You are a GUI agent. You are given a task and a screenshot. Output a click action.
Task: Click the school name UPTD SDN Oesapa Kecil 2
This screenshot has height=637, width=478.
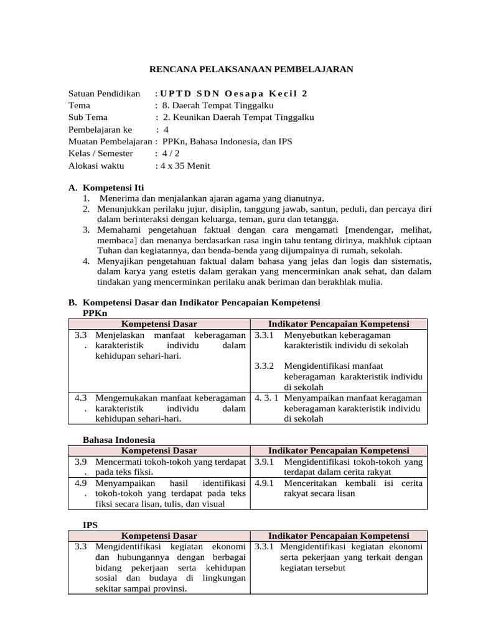coord(234,94)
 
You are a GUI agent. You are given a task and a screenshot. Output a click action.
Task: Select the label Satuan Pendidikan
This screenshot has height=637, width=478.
coord(104,94)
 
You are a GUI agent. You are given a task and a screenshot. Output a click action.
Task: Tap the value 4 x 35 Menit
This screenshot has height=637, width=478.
coord(185,165)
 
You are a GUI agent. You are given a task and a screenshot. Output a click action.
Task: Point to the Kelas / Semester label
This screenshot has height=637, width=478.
coord(100,154)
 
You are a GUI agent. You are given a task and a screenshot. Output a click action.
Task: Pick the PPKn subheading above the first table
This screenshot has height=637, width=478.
coord(95,314)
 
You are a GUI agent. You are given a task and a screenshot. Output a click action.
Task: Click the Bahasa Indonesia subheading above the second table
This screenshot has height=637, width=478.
coord(119,440)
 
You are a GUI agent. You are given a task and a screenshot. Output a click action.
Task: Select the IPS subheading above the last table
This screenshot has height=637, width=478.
coord(90,525)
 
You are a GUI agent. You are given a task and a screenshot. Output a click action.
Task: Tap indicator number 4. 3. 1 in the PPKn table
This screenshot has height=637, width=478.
coord(266,398)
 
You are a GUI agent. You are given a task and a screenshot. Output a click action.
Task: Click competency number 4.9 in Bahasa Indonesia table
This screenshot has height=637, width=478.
coord(80,483)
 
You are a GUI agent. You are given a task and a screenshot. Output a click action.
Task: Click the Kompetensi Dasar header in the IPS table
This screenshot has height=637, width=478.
coord(159,536)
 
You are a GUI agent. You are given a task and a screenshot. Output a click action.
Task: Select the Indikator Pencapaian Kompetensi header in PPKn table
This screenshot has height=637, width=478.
coord(338,324)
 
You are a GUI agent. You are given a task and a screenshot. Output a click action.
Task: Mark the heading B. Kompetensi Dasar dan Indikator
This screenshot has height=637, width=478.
coord(194,302)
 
